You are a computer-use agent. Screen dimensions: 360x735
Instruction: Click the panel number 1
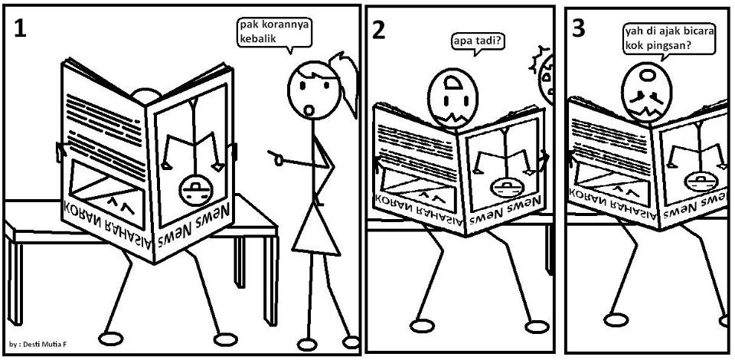20,28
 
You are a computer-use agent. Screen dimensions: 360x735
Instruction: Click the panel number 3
580,28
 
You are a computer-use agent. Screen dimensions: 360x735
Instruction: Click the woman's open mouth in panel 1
309,109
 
